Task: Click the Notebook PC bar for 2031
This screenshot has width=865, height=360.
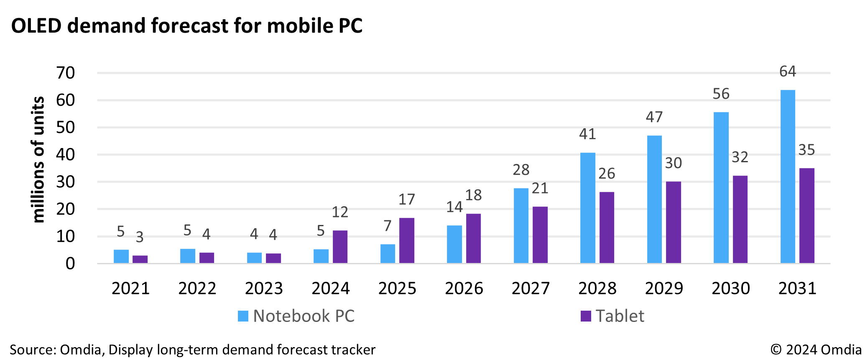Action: pyautogui.click(x=788, y=176)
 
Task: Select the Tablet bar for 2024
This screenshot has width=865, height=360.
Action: pyautogui.click(x=340, y=247)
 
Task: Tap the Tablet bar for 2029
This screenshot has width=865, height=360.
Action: pyautogui.click(x=673, y=222)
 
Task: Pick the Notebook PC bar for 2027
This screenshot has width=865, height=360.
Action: pyautogui.click(x=521, y=225)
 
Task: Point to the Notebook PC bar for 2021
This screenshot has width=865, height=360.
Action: pyautogui.click(x=121, y=256)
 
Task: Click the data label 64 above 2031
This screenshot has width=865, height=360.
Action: pyautogui.click(x=788, y=71)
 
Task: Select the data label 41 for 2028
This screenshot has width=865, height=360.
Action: pyautogui.click(x=587, y=134)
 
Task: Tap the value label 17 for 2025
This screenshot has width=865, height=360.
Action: pyautogui.click(x=406, y=199)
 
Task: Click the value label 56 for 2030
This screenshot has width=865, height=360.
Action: pyautogui.click(x=721, y=94)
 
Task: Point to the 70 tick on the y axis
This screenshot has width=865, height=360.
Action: pyautogui.click(x=66, y=73)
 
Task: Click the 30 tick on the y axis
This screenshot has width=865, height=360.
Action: pyautogui.click(x=66, y=182)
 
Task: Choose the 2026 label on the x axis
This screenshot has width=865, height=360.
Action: pyautogui.click(x=464, y=289)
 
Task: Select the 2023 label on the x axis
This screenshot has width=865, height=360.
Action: pyautogui.click(x=264, y=289)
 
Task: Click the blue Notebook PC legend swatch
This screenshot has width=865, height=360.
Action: pyautogui.click(x=243, y=316)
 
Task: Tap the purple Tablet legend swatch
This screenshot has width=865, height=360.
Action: pyautogui.click(x=586, y=316)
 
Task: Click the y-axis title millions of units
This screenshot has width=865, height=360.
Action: pyautogui.click(x=38, y=159)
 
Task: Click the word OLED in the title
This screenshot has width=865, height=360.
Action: pyautogui.click(x=36, y=26)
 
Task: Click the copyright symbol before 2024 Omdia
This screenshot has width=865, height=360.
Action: pyautogui.click(x=776, y=350)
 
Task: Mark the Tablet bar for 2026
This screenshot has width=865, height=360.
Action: pyautogui.click(x=473, y=238)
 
